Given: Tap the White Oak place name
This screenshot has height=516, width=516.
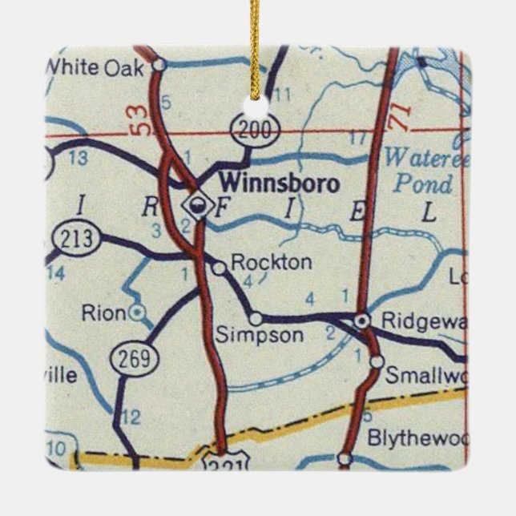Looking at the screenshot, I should [x=96, y=67].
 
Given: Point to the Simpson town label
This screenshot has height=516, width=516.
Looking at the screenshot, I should [x=260, y=335].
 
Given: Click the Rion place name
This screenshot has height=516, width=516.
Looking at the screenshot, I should [x=103, y=312].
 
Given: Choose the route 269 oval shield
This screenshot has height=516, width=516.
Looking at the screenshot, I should [x=135, y=360].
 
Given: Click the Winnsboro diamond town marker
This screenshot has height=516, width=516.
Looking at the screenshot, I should [x=194, y=205].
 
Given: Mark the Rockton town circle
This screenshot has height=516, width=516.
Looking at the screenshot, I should [x=219, y=268].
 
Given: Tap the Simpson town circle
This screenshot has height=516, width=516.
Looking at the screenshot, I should [x=255, y=317].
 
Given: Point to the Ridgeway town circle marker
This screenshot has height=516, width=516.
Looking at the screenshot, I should [x=363, y=320].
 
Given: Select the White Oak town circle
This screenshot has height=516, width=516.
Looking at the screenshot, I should [x=159, y=63].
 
